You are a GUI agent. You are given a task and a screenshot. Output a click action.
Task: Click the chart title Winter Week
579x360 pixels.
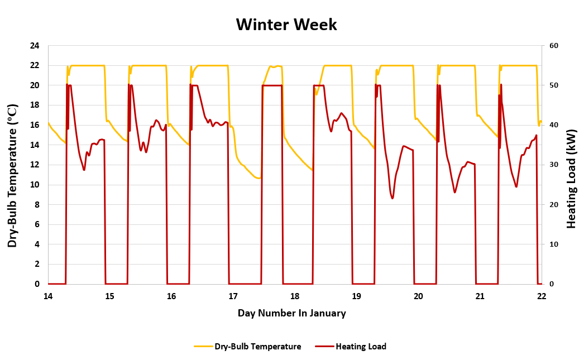[x=286, y=25]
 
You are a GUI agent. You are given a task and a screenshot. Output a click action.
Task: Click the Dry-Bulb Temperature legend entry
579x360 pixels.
[x=257, y=347]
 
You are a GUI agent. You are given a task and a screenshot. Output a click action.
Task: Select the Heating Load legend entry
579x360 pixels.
[x=361, y=347]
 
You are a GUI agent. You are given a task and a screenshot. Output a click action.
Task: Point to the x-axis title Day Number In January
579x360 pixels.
[x=291, y=313]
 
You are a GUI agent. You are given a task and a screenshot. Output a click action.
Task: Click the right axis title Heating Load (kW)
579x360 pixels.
[x=571, y=179]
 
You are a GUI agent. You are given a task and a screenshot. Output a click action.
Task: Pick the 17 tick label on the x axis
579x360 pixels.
[x=233, y=296]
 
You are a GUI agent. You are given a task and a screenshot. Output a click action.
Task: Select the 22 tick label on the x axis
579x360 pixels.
[x=541, y=296]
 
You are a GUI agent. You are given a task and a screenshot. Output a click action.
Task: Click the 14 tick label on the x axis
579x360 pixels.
[x=48, y=296]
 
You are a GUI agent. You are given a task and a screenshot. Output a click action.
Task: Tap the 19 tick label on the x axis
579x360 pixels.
[x=356, y=296]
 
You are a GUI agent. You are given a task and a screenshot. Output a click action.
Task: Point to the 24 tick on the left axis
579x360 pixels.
[x=35, y=46]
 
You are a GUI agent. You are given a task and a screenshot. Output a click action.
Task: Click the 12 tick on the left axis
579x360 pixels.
[x=35, y=165]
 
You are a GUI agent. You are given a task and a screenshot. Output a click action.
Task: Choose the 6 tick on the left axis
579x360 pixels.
[x=37, y=224]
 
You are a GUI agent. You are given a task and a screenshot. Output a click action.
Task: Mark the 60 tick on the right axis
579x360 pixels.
[x=553, y=46]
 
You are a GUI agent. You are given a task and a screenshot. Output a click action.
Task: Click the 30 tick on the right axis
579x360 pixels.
[x=553, y=165]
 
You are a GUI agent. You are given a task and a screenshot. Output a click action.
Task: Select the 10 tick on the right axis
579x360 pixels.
[x=553, y=244]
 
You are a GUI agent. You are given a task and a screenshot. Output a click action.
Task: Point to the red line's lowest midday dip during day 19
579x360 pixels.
[x=393, y=198]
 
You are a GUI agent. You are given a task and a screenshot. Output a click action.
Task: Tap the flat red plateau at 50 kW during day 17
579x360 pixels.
[x=272, y=85]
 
